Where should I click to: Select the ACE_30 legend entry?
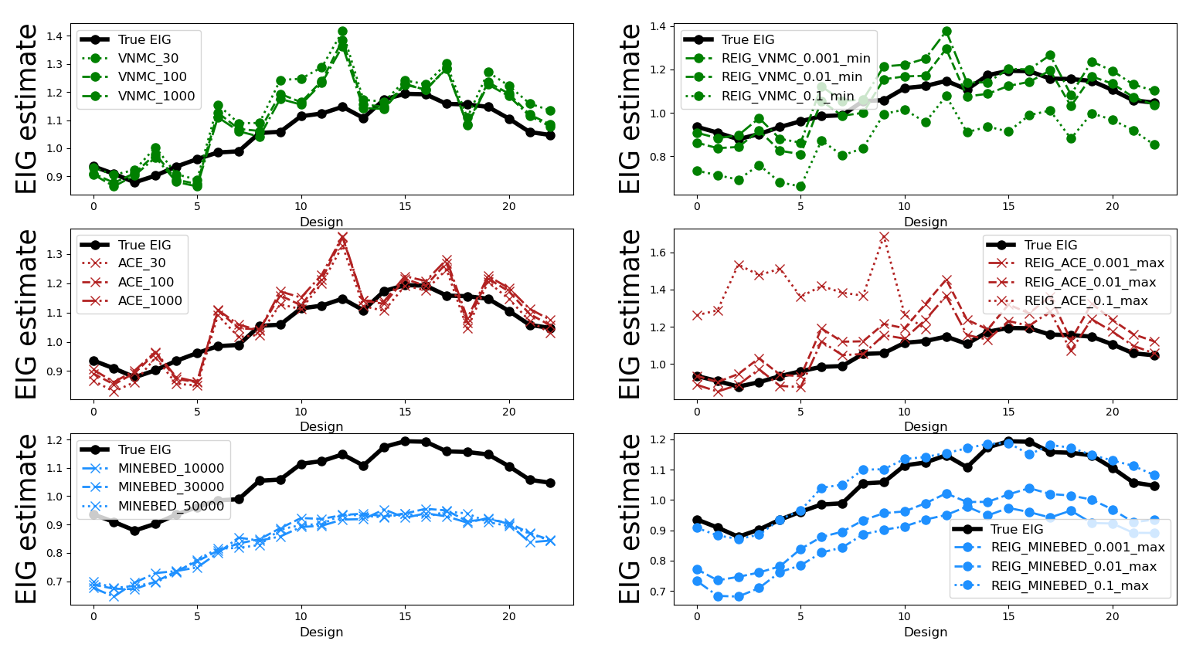(x=141, y=263)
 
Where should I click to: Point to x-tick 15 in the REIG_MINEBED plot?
(x=1008, y=616)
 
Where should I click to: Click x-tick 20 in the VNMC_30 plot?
(x=508, y=206)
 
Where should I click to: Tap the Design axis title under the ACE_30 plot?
(x=321, y=426)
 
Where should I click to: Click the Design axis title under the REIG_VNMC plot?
(x=925, y=222)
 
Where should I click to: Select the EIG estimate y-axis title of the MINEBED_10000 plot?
(x=26, y=518)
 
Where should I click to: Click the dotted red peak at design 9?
(x=884, y=237)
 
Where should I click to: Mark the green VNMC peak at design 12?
(x=342, y=32)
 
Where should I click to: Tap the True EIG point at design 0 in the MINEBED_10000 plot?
(x=93, y=514)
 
